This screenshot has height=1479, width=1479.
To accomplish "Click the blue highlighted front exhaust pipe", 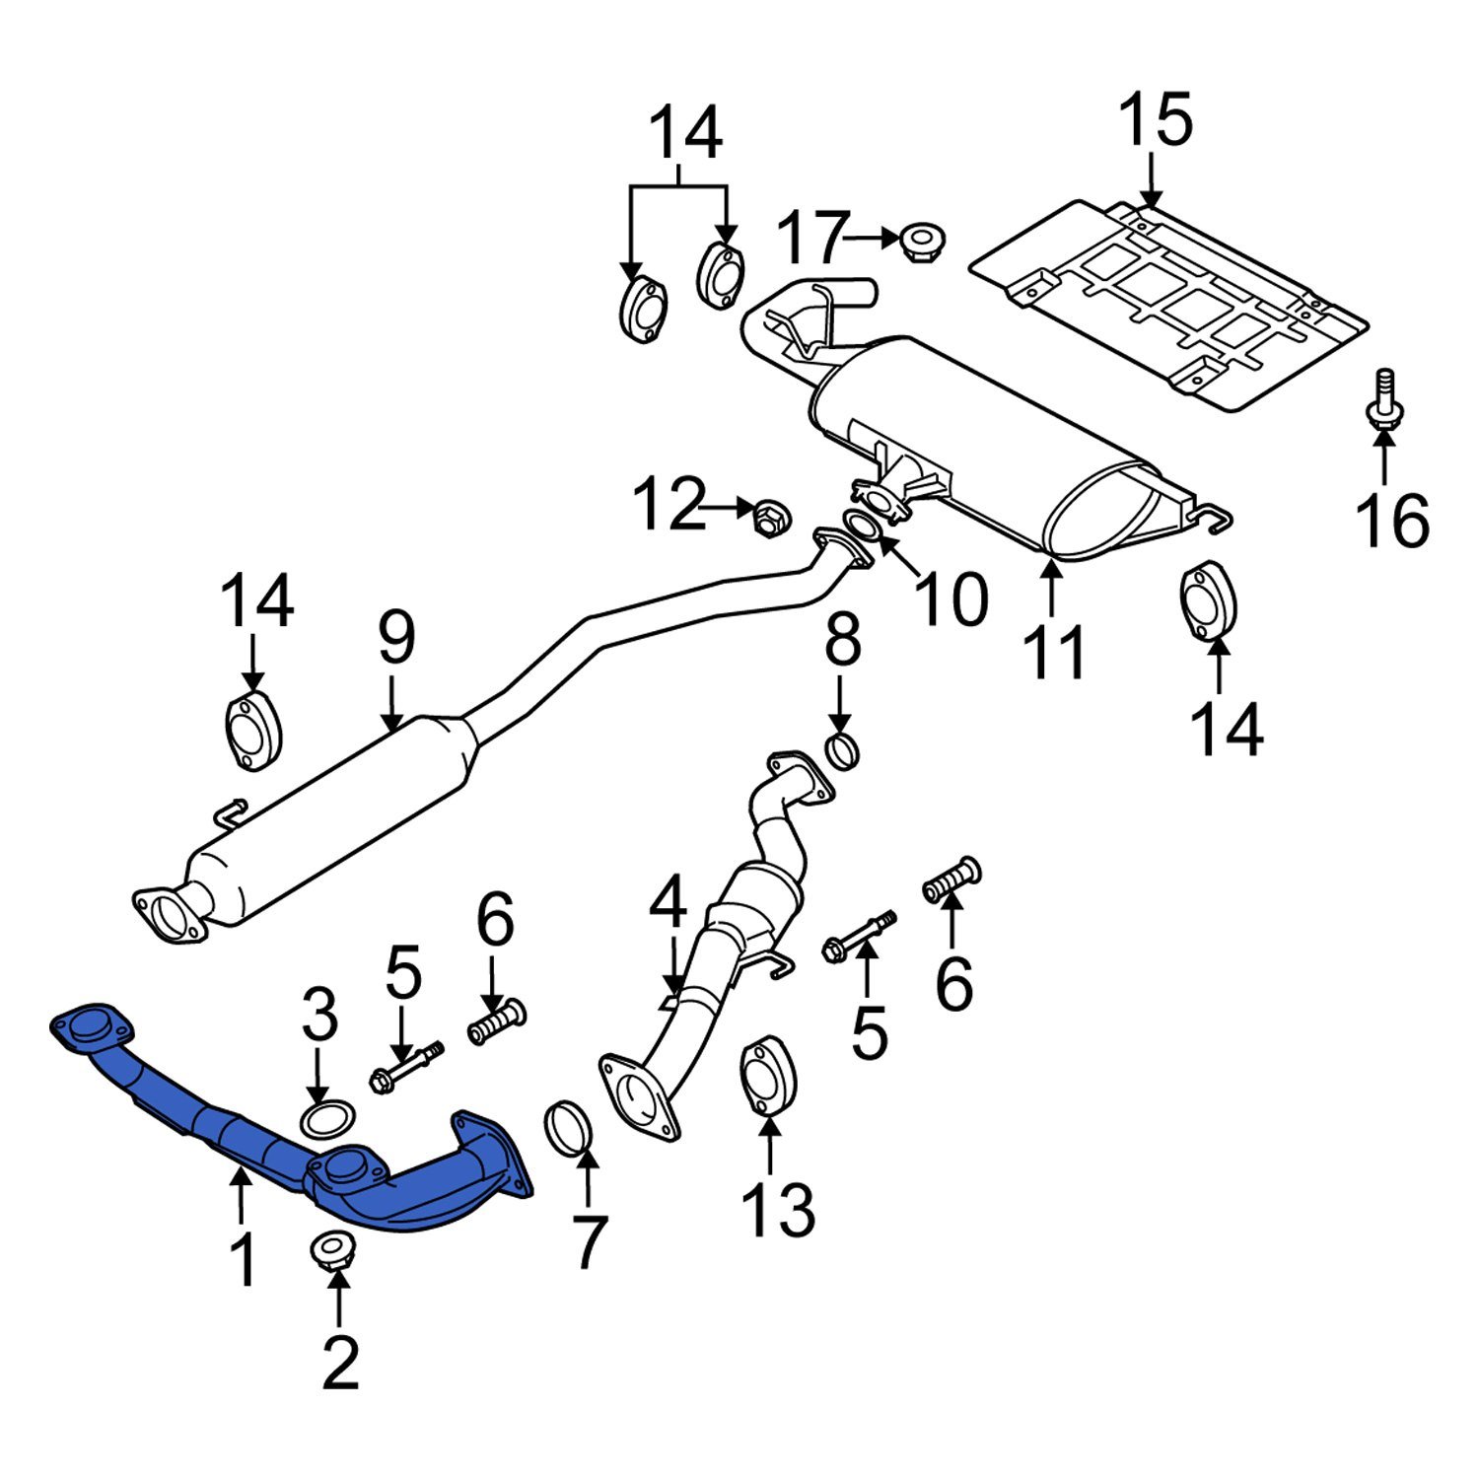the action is (x=246, y=1134).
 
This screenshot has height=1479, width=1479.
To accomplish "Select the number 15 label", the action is (x=1156, y=120).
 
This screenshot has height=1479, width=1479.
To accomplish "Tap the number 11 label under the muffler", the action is (x=1056, y=652).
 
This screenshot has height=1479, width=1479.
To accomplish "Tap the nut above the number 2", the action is (x=332, y=1250).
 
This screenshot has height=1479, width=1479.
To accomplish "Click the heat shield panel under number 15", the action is (x=1169, y=306).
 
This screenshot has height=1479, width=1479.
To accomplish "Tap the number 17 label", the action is (x=811, y=238).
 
